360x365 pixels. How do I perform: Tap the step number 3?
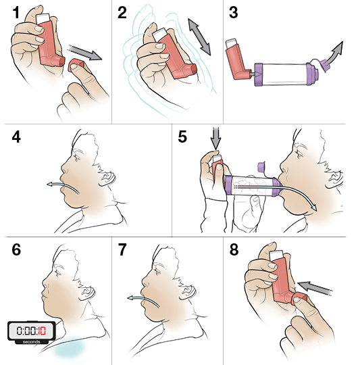(x=234, y=14)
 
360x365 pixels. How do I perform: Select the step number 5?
(x=182, y=137)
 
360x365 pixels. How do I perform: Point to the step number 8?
(x=234, y=249)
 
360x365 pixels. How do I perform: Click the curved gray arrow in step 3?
(x=335, y=51)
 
